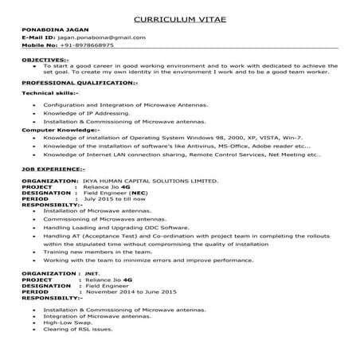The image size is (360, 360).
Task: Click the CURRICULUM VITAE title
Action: point(179,18)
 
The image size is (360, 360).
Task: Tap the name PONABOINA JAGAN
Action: point(51,31)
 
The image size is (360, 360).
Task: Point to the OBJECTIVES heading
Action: point(45,60)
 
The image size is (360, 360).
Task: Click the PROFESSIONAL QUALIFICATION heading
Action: point(80,83)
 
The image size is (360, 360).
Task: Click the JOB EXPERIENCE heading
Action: point(53,169)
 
